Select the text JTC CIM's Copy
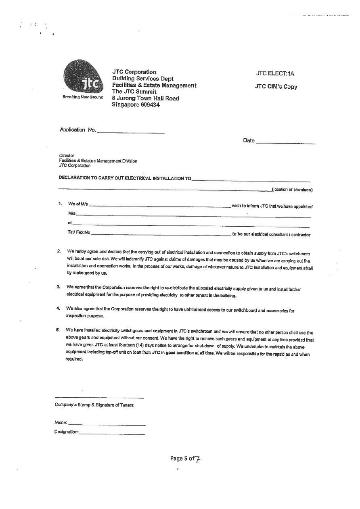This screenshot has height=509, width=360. click(276, 87)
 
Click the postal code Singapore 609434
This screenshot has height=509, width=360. click(136, 105)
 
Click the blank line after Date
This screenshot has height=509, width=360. click(285, 142)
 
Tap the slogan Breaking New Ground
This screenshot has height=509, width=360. click(83, 97)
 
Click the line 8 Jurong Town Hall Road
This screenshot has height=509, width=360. click(145, 98)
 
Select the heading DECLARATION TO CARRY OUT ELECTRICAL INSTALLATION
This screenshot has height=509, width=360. click(125, 178)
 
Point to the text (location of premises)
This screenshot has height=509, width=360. click(293, 190)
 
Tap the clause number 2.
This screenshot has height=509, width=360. click(59, 251)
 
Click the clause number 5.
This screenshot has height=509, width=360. click(58, 330)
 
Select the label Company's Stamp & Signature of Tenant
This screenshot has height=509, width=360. click(94, 405)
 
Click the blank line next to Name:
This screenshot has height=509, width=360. click(107, 424)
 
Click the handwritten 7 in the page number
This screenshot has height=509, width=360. click(198, 459)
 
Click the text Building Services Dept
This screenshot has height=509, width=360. click(143, 79)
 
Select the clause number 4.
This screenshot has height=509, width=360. click(59, 309)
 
